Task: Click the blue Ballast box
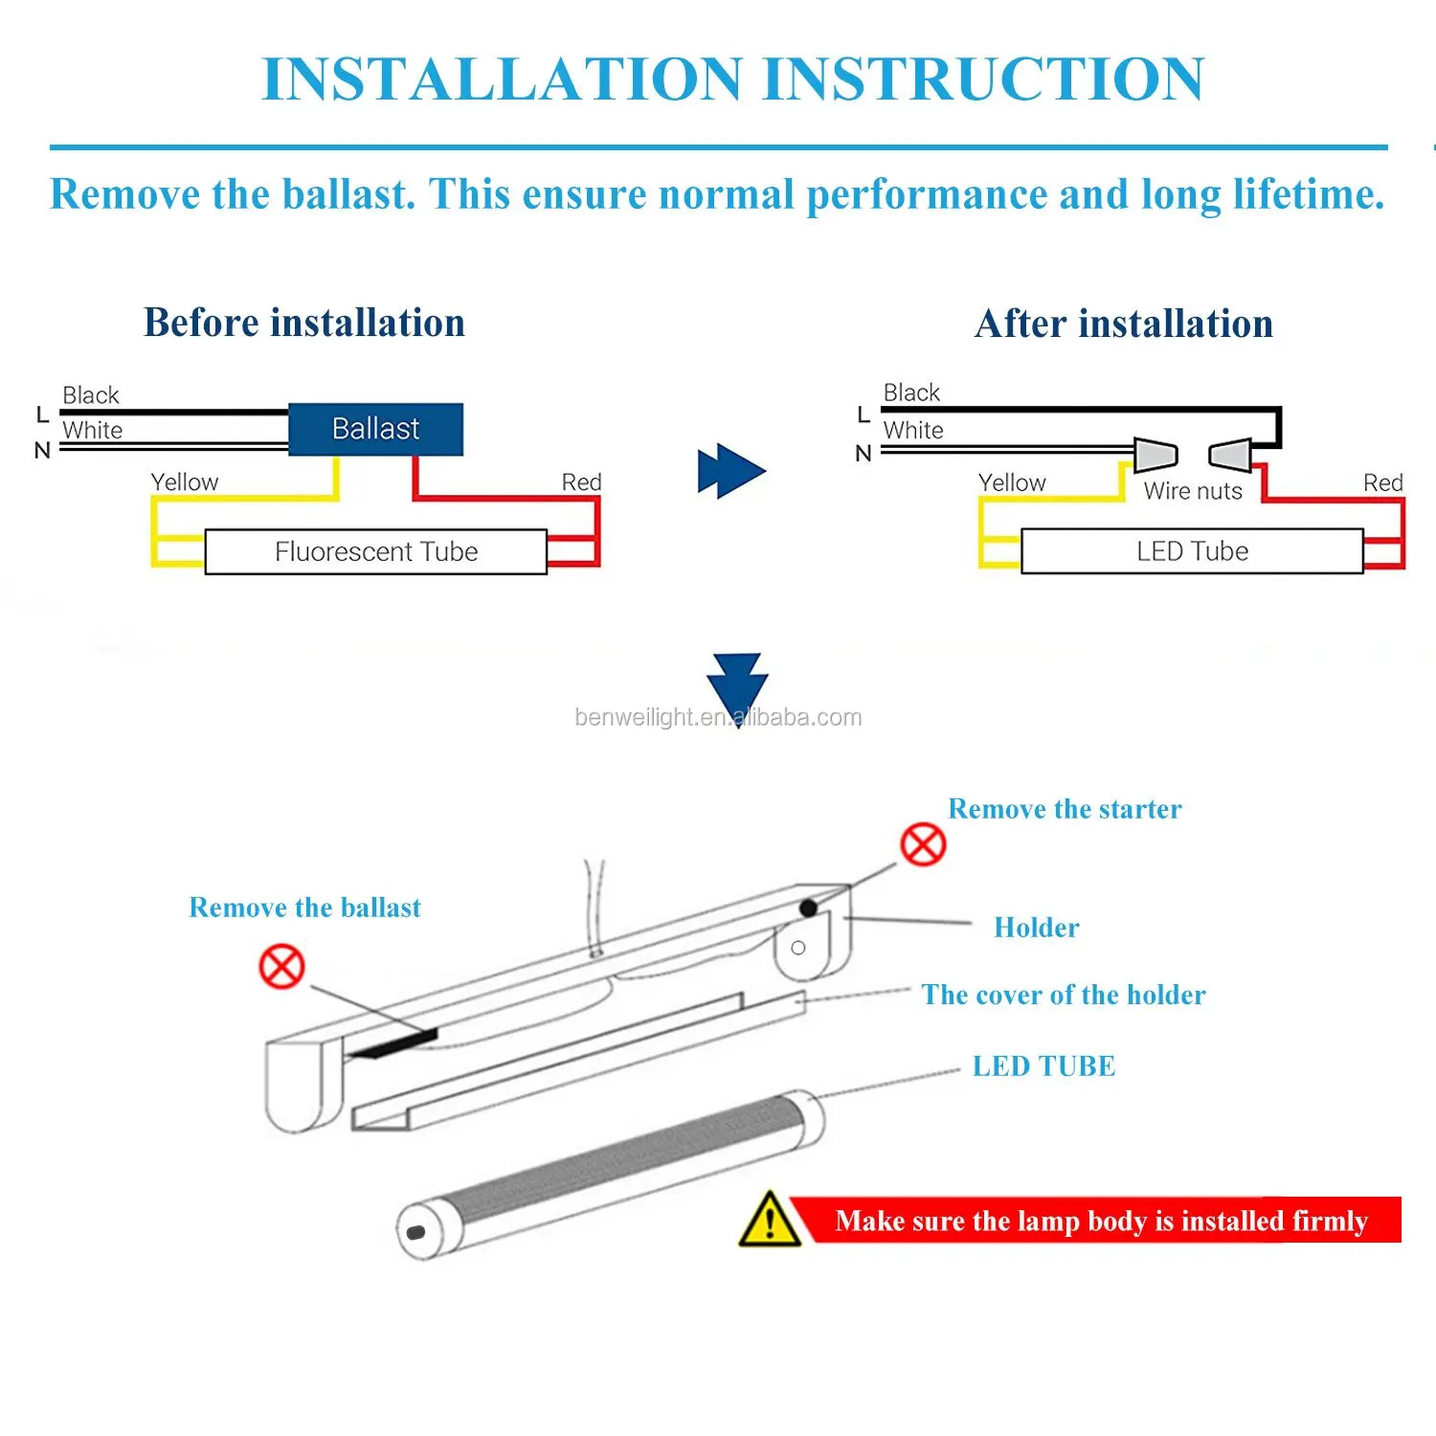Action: click(x=375, y=429)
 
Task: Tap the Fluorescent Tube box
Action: click(x=375, y=551)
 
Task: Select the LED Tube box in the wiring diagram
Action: click(x=1192, y=551)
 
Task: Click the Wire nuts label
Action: click(x=1193, y=491)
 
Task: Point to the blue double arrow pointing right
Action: click(x=731, y=471)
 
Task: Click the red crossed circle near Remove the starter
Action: click(x=923, y=844)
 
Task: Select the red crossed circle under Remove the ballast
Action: click(x=282, y=967)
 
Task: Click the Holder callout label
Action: click(x=1037, y=928)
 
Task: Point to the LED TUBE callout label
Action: click(x=1043, y=1066)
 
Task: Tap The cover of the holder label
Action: click(x=1064, y=995)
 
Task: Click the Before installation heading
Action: click(x=304, y=323)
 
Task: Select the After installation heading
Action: click(x=1124, y=324)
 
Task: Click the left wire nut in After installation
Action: click(x=1155, y=455)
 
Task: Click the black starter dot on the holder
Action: click(x=808, y=908)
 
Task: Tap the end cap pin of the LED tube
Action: click(x=415, y=1232)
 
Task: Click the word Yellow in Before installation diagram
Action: click(x=185, y=482)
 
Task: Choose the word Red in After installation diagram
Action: click(x=1382, y=482)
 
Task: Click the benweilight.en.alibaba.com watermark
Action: click(x=718, y=718)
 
